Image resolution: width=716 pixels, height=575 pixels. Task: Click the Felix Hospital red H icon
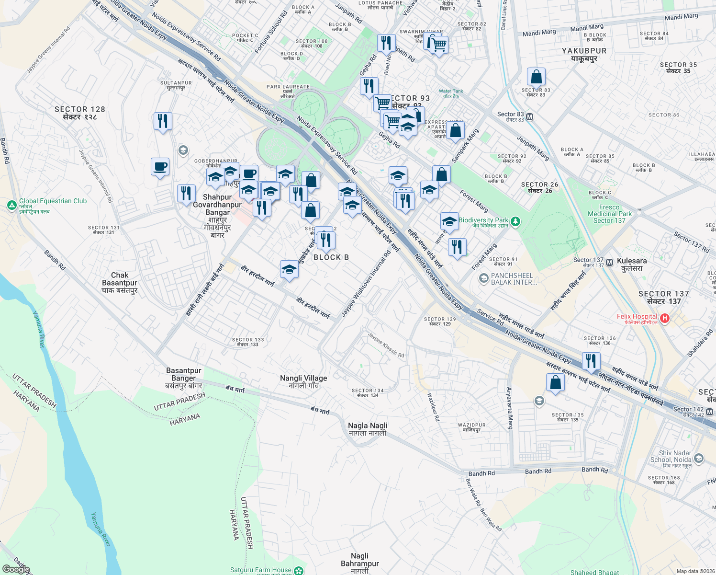[x=664, y=318]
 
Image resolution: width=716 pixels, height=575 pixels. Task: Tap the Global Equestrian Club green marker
[x=12, y=205]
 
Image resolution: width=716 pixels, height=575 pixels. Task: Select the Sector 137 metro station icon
[x=609, y=263]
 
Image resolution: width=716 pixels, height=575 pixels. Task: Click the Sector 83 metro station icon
[x=529, y=116]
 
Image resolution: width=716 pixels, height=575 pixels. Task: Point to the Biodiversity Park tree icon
[x=515, y=221]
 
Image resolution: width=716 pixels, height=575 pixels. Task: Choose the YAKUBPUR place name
[x=584, y=51]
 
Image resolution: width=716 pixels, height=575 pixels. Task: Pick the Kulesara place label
[x=632, y=261]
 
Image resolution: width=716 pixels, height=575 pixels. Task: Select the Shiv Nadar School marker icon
[x=698, y=459]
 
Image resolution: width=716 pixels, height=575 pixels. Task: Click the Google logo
[x=16, y=569]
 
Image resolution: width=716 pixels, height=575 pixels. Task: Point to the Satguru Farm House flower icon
[x=299, y=571]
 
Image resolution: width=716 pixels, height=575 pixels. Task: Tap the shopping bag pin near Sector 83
[x=537, y=77]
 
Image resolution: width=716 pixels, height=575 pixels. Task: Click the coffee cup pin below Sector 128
[x=160, y=167]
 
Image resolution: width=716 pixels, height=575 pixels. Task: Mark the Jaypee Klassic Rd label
[x=386, y=345]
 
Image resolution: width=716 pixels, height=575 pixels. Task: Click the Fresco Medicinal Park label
[x=609, y=214]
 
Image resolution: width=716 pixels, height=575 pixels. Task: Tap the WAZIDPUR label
[x=471, y=425]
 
